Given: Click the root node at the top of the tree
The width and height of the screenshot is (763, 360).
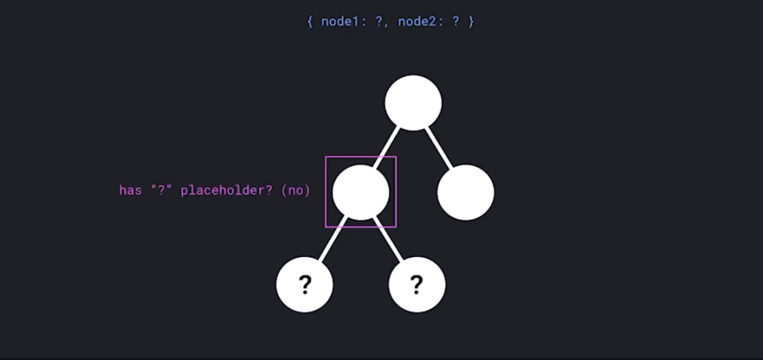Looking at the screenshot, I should [414, 103].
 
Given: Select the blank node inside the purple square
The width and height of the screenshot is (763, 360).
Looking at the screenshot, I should [361, 192].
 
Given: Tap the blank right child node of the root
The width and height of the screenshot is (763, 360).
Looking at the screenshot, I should [466, 192].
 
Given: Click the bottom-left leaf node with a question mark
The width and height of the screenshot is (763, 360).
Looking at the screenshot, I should [305, 284].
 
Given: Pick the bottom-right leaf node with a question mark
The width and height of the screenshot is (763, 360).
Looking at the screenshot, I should [417, 284].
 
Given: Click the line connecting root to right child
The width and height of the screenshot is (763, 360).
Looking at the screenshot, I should [440, 148].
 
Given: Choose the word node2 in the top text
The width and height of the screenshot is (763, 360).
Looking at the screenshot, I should [420, 21].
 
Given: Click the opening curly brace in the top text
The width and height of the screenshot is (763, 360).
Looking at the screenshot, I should [310, 21].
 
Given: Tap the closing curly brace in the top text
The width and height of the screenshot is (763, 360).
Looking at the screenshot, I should [471, 21].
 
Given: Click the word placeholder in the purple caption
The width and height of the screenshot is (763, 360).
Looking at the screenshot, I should [220, 190].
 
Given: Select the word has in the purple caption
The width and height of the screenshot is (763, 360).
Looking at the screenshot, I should [130, 190].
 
